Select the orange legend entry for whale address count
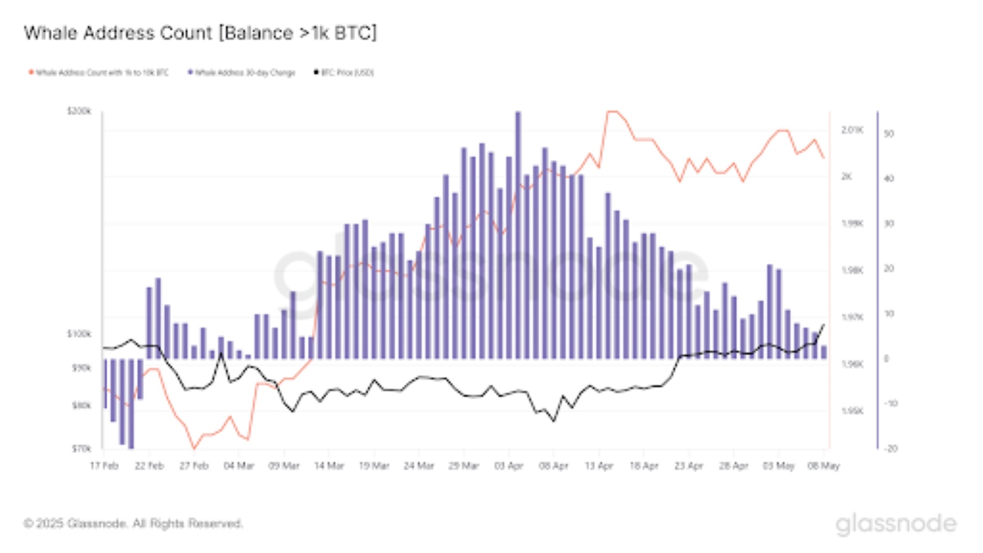coord(99,72)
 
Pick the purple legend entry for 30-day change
coord(242,72)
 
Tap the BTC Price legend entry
coord(344,72)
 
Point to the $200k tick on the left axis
coord(79,111)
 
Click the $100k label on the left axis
coord(79,334)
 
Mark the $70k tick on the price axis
coord(81,448)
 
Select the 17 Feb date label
coord(104,466)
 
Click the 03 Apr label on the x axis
coord(508,466)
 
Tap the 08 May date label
coord(823,466)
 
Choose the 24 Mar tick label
coord(418,466)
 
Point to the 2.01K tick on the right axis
coord(852,130)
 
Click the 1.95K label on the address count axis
coord(852,411)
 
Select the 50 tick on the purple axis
coord(889,134)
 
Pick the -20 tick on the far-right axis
coord(891,448)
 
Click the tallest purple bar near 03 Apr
coord(518,233)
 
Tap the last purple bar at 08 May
coord(823,352)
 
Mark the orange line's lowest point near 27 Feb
coord(194,448)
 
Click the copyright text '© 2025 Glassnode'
coord(133,523)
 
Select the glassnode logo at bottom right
coord(896,524)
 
